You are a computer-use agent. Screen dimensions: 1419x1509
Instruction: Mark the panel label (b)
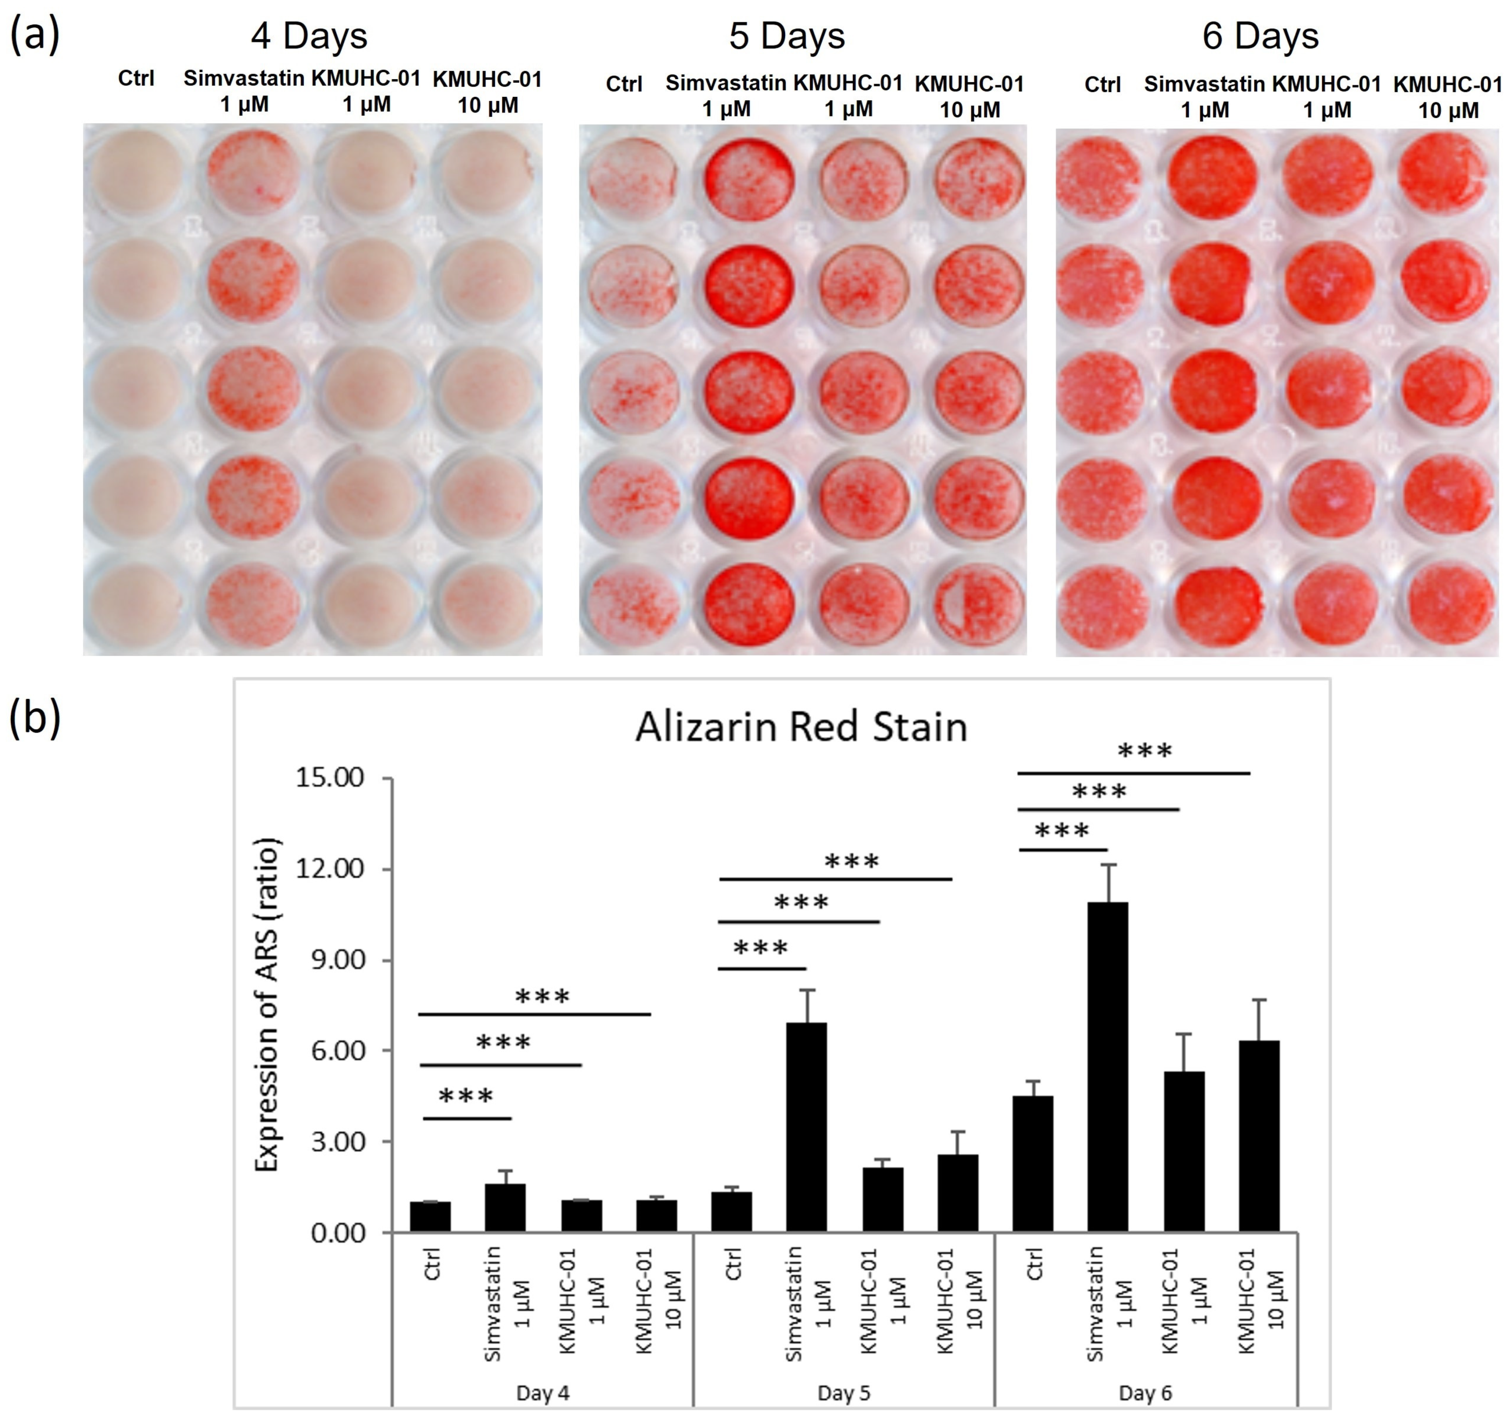click(x=34, y=717)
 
